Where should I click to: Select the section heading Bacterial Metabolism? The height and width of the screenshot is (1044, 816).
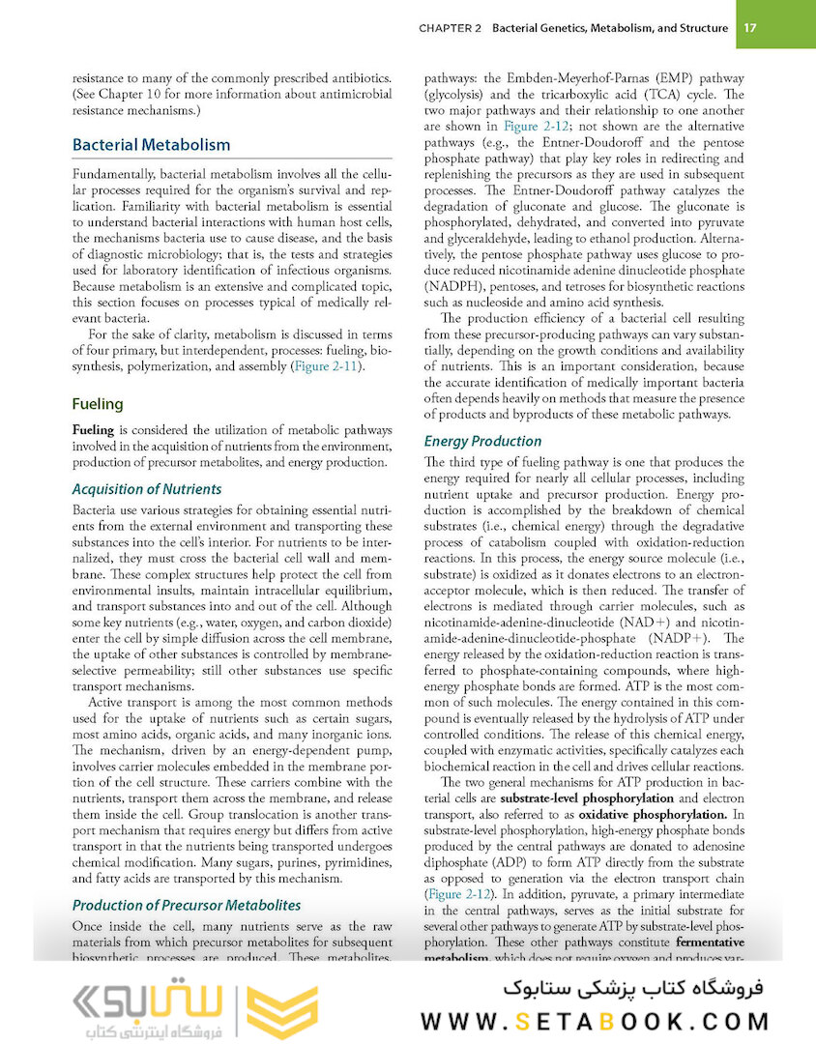click(x=152, y=145)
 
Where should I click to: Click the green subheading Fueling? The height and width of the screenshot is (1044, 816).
click(x=98, y=404)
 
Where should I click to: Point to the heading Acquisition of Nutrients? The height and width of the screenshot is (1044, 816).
click(x=147, y=489)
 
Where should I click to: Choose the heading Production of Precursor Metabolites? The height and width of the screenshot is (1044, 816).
click(x=187, y=906)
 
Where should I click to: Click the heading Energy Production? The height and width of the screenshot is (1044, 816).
click(x=482, y=441)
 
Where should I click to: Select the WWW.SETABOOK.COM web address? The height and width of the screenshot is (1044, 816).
click(x=596, y=1021)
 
